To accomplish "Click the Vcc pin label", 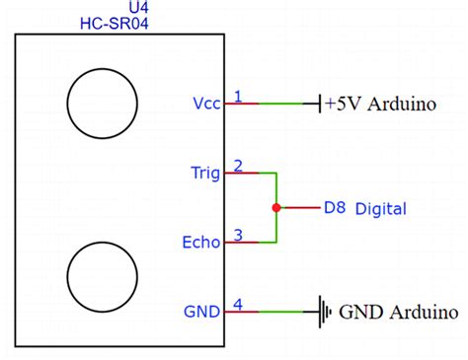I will click(x=205, y=103).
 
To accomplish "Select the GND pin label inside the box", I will click(x=202, y=312).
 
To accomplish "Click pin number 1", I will click(x=237, y=96).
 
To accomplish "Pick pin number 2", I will click(x=237, y=165).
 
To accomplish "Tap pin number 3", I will click(x=237, y=234).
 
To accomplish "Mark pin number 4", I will click(x=237, y=304).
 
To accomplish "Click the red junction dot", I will click(x=276, y=208).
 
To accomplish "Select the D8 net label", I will click(x=334, y=208).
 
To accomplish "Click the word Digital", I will click(x=380, y=208).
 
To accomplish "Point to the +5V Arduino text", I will click(x=380, y=103).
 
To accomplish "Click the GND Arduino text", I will click(x=399, y=313).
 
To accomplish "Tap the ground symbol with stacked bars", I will click(x=324, y=312).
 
